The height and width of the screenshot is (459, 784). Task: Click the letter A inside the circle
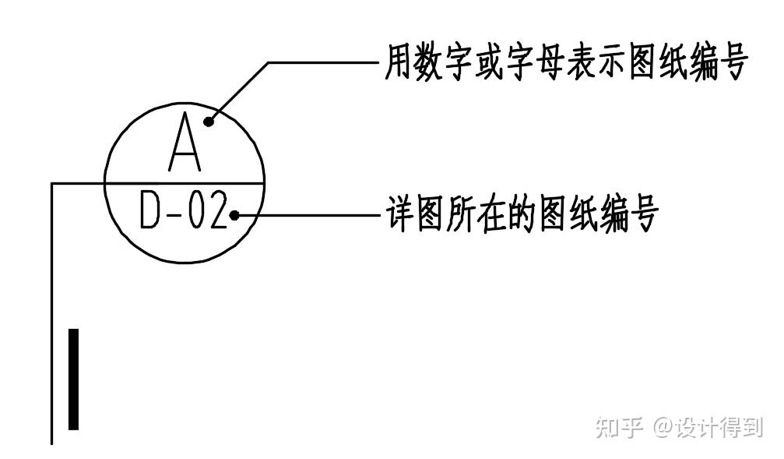185,143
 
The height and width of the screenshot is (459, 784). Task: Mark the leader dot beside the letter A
209,121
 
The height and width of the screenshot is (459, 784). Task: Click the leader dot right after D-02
234,214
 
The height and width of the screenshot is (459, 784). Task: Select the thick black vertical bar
73,379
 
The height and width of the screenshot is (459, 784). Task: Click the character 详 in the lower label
400,214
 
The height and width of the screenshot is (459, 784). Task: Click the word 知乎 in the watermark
620,427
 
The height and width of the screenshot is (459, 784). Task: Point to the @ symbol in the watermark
663,427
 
